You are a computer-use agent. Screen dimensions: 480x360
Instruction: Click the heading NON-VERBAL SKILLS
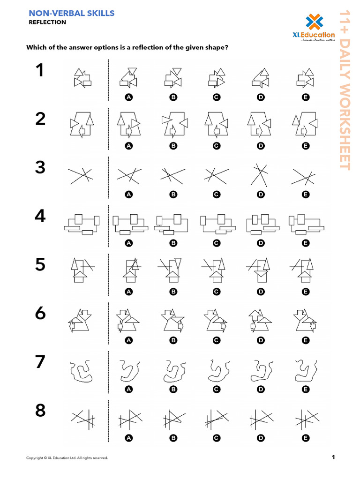[x=71, y=13]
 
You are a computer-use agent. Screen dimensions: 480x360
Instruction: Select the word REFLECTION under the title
[x=47, y=22]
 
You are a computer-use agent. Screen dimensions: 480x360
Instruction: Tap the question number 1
[x=40, y=71]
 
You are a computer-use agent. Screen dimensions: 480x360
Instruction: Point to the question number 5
[x=40, y=265]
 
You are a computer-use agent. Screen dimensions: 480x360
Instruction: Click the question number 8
[x=40, y=411]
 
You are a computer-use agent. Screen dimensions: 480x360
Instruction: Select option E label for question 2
[x=306, y=146]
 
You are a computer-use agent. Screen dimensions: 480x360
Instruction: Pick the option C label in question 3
[x=216, y=195]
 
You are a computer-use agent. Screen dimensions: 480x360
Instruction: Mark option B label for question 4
[x=173, y=243]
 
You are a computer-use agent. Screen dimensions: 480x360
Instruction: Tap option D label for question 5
[x=261, y=292]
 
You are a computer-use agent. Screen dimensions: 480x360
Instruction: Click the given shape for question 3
[x=80, y=175]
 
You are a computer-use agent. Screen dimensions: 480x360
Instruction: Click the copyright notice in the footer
[x=67, y=457]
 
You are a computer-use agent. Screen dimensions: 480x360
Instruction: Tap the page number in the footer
[x=333, y=457]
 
